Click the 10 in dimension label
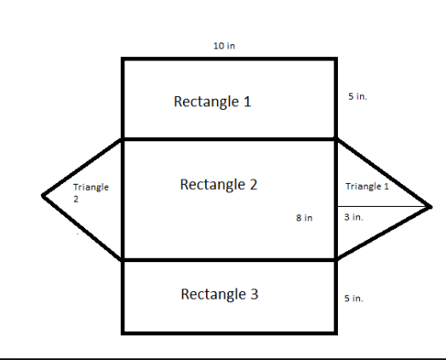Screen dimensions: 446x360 coord(224,46)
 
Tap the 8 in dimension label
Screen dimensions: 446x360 coord(304,218)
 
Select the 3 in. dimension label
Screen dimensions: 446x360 coord(353,217)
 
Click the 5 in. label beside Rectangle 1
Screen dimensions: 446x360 coord(357,96)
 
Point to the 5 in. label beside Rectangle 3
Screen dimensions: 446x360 coord(353,298)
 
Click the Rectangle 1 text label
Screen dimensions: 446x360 coord(213,101)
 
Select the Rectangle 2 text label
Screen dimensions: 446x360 coord(219,185)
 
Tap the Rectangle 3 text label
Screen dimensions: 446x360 coord(220,294)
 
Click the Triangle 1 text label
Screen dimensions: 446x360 coord(367,186)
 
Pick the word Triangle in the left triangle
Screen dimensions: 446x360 coord(91,187)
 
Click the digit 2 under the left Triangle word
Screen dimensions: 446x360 coord(76,199)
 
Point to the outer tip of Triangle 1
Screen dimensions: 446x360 coord(432,208)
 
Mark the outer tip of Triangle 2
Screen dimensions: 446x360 coord(43,196)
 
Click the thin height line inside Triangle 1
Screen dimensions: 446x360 coord(383,206)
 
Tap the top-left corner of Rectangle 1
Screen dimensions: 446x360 coord(123,59)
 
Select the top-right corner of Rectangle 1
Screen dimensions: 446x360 coord(336,59)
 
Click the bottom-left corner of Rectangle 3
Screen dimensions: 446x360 coord(123,334)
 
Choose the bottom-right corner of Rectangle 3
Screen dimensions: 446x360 coord(336,334)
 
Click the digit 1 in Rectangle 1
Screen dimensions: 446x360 coord(248,101)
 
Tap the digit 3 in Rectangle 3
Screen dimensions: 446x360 coord(254,294)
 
